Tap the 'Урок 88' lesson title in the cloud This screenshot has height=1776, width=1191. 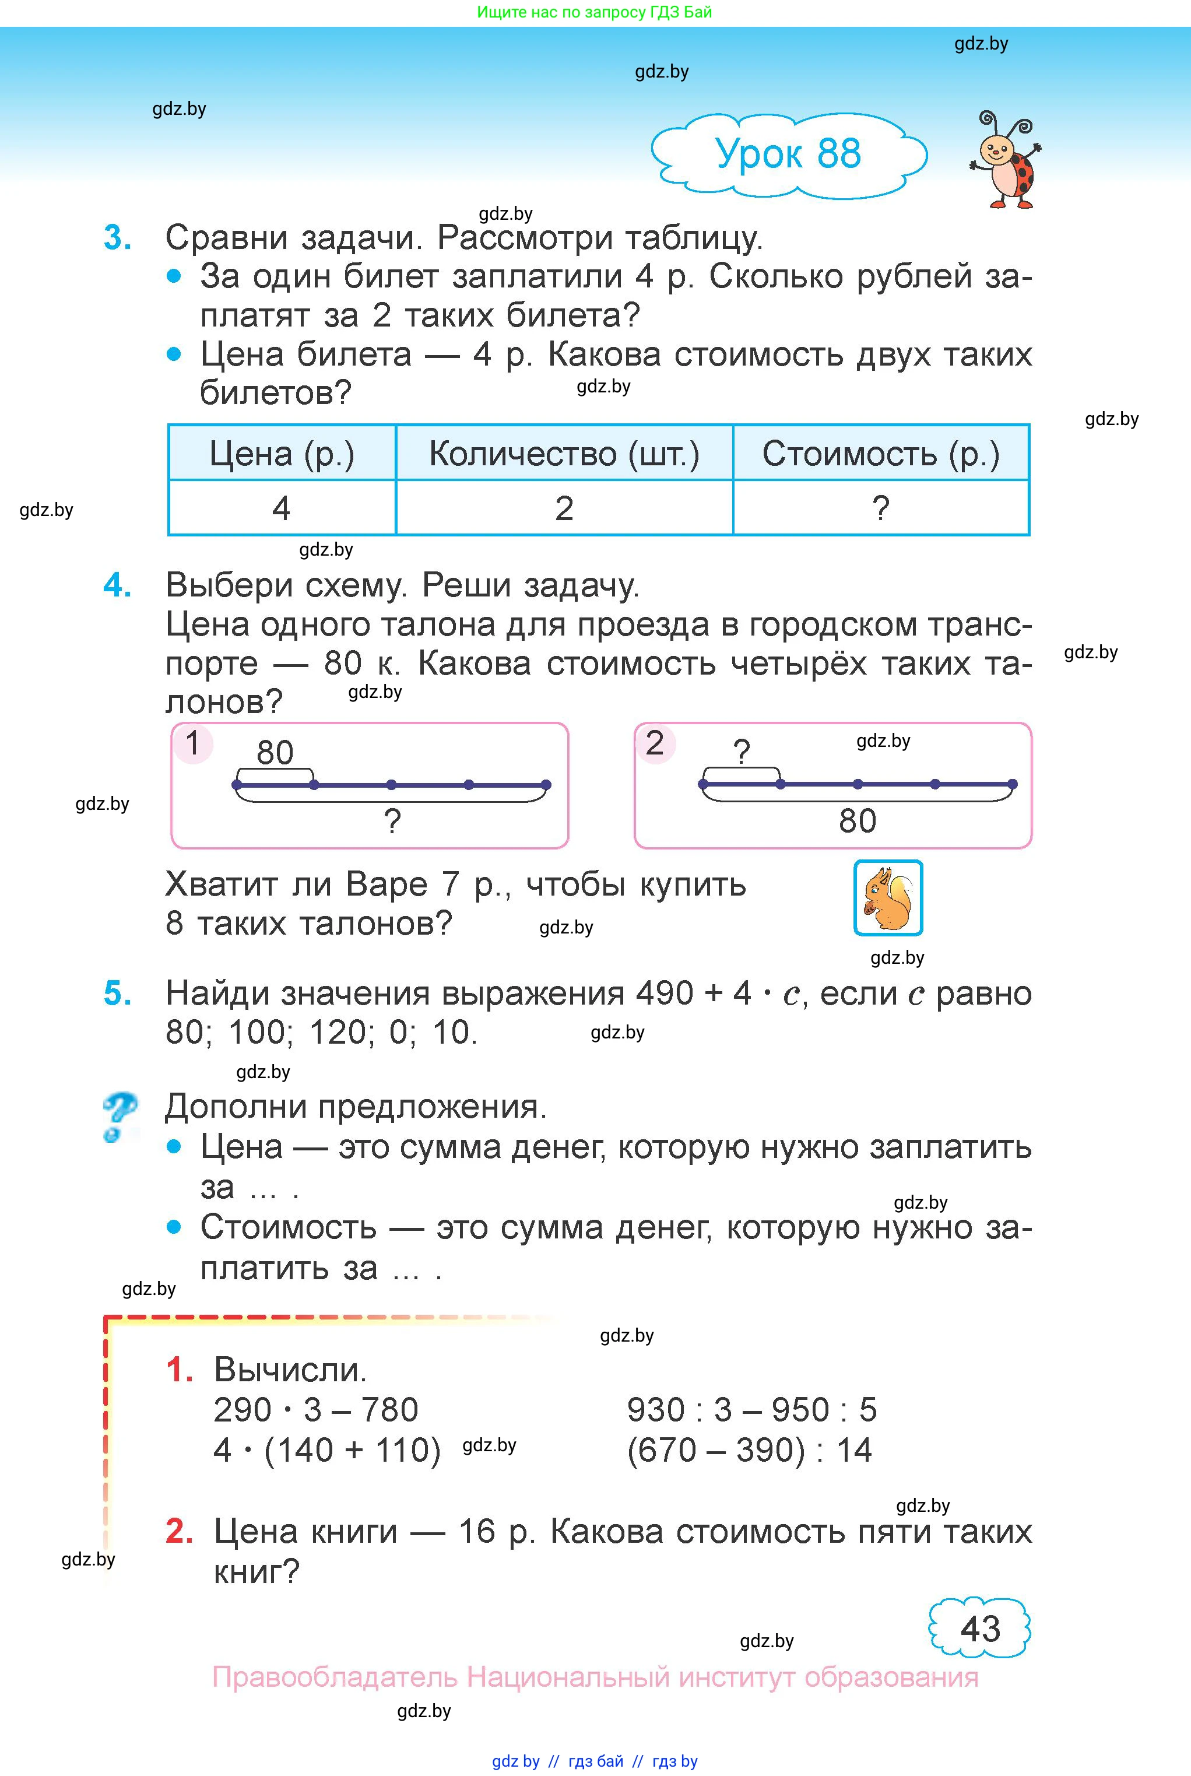[x=788, y=153]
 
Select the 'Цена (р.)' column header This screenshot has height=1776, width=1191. [x=282, y=454]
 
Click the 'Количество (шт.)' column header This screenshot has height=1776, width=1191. [x=564, y=454]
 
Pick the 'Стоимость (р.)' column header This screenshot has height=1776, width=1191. [x=880, y=454]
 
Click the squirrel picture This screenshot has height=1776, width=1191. [x=887, y=897]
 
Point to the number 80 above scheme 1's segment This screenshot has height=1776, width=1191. [x=275, y=753]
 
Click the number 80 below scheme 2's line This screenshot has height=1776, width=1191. [x=858, y=821]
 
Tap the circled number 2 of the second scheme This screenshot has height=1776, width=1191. [x=655, y=743]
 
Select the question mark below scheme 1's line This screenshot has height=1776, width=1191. [x=392, y=821]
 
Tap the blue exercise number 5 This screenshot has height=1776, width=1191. [x=118, y=994]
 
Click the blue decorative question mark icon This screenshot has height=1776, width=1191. [x=120, y=1115]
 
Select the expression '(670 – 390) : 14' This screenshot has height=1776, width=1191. [x=749, y=1450]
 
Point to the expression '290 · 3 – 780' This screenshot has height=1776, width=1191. [x=316, y=1410]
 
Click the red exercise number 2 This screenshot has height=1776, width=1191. [x=179, y=1531]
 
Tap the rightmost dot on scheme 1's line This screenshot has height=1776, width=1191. [x=546, y=785]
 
